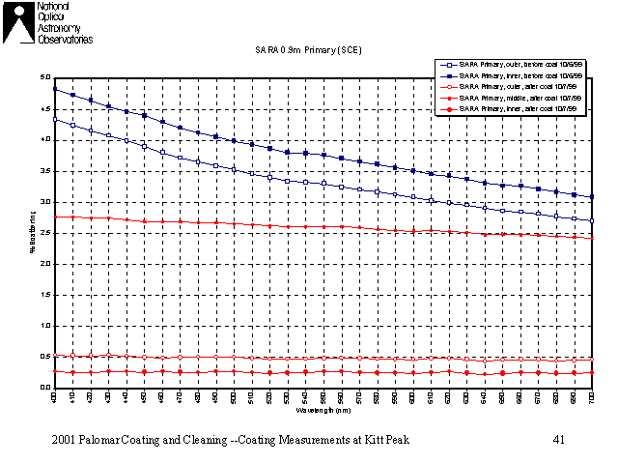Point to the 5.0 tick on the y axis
(45, 77)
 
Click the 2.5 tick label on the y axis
(45, 233)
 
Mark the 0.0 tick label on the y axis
(45, 389)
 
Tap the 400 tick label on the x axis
(54, 397)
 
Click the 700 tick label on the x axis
(592, 397)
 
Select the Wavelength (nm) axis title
(323, 410)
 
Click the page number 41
(558, 440)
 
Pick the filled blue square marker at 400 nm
(54, 89)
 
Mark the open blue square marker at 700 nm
(592, 221)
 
